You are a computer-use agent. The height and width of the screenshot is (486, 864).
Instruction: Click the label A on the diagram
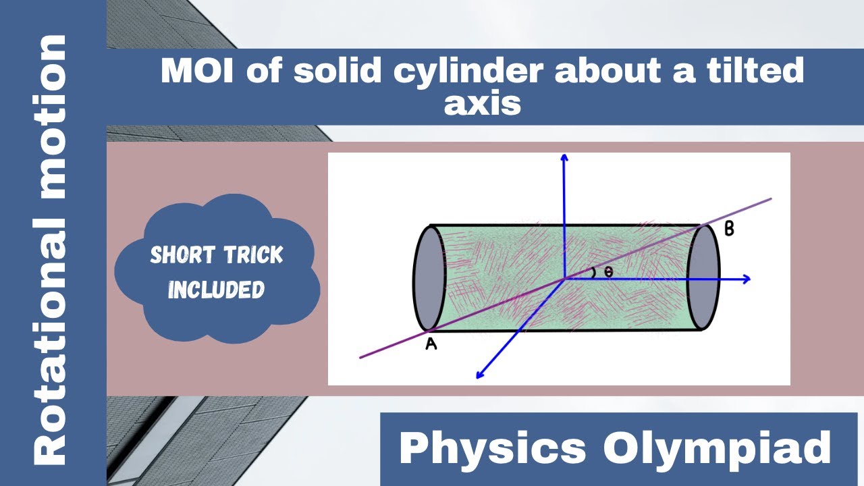point(431,344)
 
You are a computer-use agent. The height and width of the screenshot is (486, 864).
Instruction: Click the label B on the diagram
point(729,229)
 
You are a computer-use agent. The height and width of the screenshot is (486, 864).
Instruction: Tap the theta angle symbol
point(608,273)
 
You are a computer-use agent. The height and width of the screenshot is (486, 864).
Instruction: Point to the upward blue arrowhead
point(564,158)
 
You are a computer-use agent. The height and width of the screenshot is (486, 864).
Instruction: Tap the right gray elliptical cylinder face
point(703,277)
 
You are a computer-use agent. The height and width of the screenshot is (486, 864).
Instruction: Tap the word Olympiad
point(717,448)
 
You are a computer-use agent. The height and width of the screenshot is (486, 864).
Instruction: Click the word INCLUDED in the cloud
point(216,290)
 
